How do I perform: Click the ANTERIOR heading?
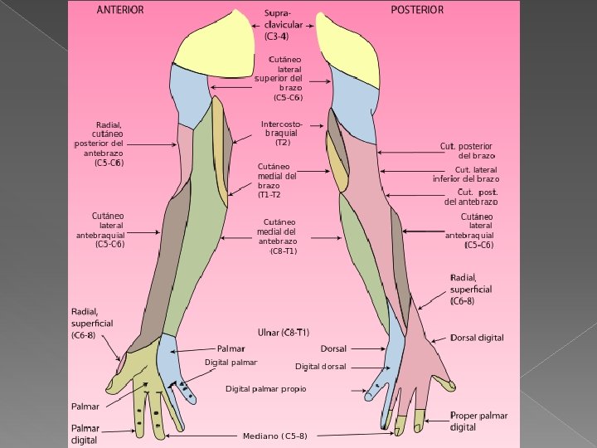pyautogui.click(x=119, y=11)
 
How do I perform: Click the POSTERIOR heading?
pyautogui.click(x=416, y=10)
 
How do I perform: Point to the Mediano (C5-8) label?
pyautogui.click(x=274, y=436)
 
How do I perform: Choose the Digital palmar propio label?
pyautogui.click(x=265, y=388)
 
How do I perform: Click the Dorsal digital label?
pyautogui.click(x=477, y=338)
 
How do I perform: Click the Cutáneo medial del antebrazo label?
pyautogui.click(x=277, y=236)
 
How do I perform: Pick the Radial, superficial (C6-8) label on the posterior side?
pyautogui.click(x=470, y=290)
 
